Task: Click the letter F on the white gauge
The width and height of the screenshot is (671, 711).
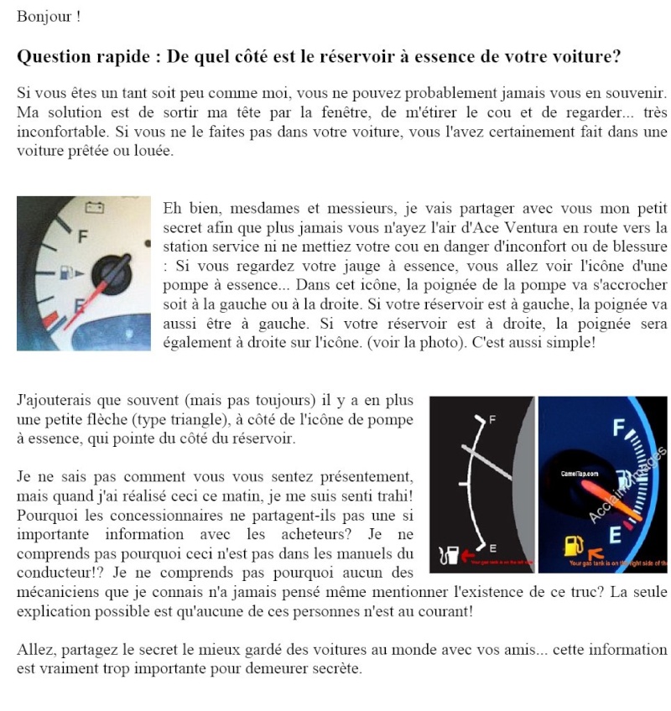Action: point(82,236)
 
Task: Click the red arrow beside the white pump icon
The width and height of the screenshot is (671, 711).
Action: point(467,555)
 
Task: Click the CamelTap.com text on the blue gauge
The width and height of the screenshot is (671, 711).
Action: point(580,474)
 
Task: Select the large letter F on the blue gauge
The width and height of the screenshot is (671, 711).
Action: point(621,429)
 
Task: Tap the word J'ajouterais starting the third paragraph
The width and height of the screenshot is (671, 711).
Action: point(55,401)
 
